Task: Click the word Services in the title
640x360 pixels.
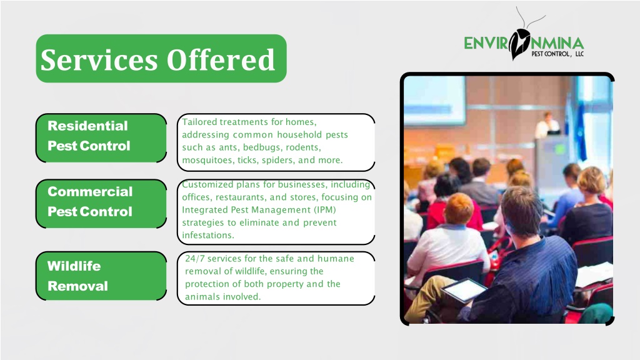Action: click(99, 59)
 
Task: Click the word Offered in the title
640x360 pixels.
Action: click(221, 59)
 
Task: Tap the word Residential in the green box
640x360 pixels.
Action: click(87, 126)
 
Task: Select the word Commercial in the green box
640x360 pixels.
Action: click(90, 191)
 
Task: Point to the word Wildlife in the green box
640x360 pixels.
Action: click(74, 266)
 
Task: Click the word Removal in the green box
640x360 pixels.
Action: click(77, 286)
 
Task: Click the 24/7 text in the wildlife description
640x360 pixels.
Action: click(195, 258)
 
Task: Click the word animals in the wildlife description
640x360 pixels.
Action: click(201, 297)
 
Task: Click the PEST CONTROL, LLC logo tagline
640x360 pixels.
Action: click(557, 54)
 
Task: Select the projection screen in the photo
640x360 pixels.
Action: click(435, 101)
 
